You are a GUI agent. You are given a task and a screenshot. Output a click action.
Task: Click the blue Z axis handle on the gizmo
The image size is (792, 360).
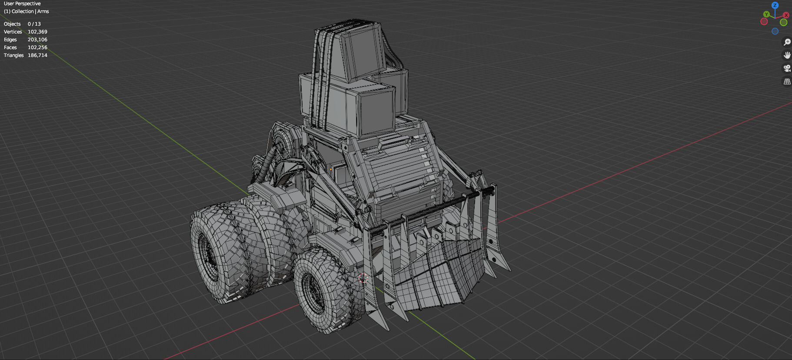775,5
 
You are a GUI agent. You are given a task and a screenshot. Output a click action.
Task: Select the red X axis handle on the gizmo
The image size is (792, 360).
786,15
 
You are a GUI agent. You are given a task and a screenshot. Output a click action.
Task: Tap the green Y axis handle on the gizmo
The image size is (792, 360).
766,14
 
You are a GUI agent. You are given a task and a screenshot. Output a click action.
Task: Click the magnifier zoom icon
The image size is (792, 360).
787,42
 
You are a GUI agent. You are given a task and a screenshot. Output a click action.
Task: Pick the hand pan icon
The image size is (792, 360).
787,55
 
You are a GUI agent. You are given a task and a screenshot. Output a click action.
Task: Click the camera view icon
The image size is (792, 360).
787,68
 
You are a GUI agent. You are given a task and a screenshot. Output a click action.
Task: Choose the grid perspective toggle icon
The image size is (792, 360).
787,81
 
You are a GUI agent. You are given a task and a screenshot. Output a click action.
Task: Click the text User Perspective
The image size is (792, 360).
22,3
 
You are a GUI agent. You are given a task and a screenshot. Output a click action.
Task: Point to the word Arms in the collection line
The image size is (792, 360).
43,11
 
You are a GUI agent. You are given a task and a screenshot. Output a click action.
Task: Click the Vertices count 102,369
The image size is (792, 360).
37,32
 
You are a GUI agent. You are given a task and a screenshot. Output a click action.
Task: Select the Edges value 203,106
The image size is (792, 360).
37,40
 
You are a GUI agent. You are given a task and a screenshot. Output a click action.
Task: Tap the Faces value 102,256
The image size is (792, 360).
37,47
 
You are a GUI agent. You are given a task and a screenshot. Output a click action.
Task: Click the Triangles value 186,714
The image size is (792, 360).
37,55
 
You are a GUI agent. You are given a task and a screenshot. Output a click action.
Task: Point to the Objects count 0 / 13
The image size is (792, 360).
34,24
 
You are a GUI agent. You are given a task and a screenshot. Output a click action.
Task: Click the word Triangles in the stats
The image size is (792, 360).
13,55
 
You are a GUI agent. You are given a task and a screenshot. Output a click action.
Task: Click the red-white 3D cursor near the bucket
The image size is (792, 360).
363,278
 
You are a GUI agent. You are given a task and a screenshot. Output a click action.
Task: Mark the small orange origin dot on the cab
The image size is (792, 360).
331,169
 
